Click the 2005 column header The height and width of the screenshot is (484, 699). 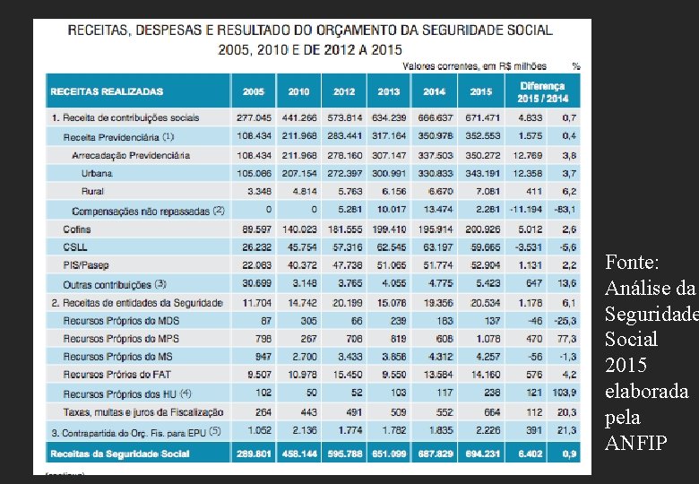tap(254, 91)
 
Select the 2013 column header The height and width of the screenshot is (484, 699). tap(389, 91)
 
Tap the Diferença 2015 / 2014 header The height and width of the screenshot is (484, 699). tap(543, 91)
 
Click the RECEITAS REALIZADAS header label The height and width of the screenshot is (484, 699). tap(107, 91)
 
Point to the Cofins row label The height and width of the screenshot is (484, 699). tap(77, 229)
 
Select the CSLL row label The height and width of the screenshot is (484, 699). tap(75, 246)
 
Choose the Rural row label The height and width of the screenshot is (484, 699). tap(92, 192)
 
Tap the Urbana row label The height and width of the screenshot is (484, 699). tap(97, 173)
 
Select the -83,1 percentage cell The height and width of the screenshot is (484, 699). tap(566, 211)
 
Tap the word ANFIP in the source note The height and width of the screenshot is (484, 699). tap(636, 443)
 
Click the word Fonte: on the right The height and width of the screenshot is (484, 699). tap(633, 263)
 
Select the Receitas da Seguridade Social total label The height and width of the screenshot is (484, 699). tap(120, 454)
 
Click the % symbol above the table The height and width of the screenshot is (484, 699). tap(575, 66)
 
